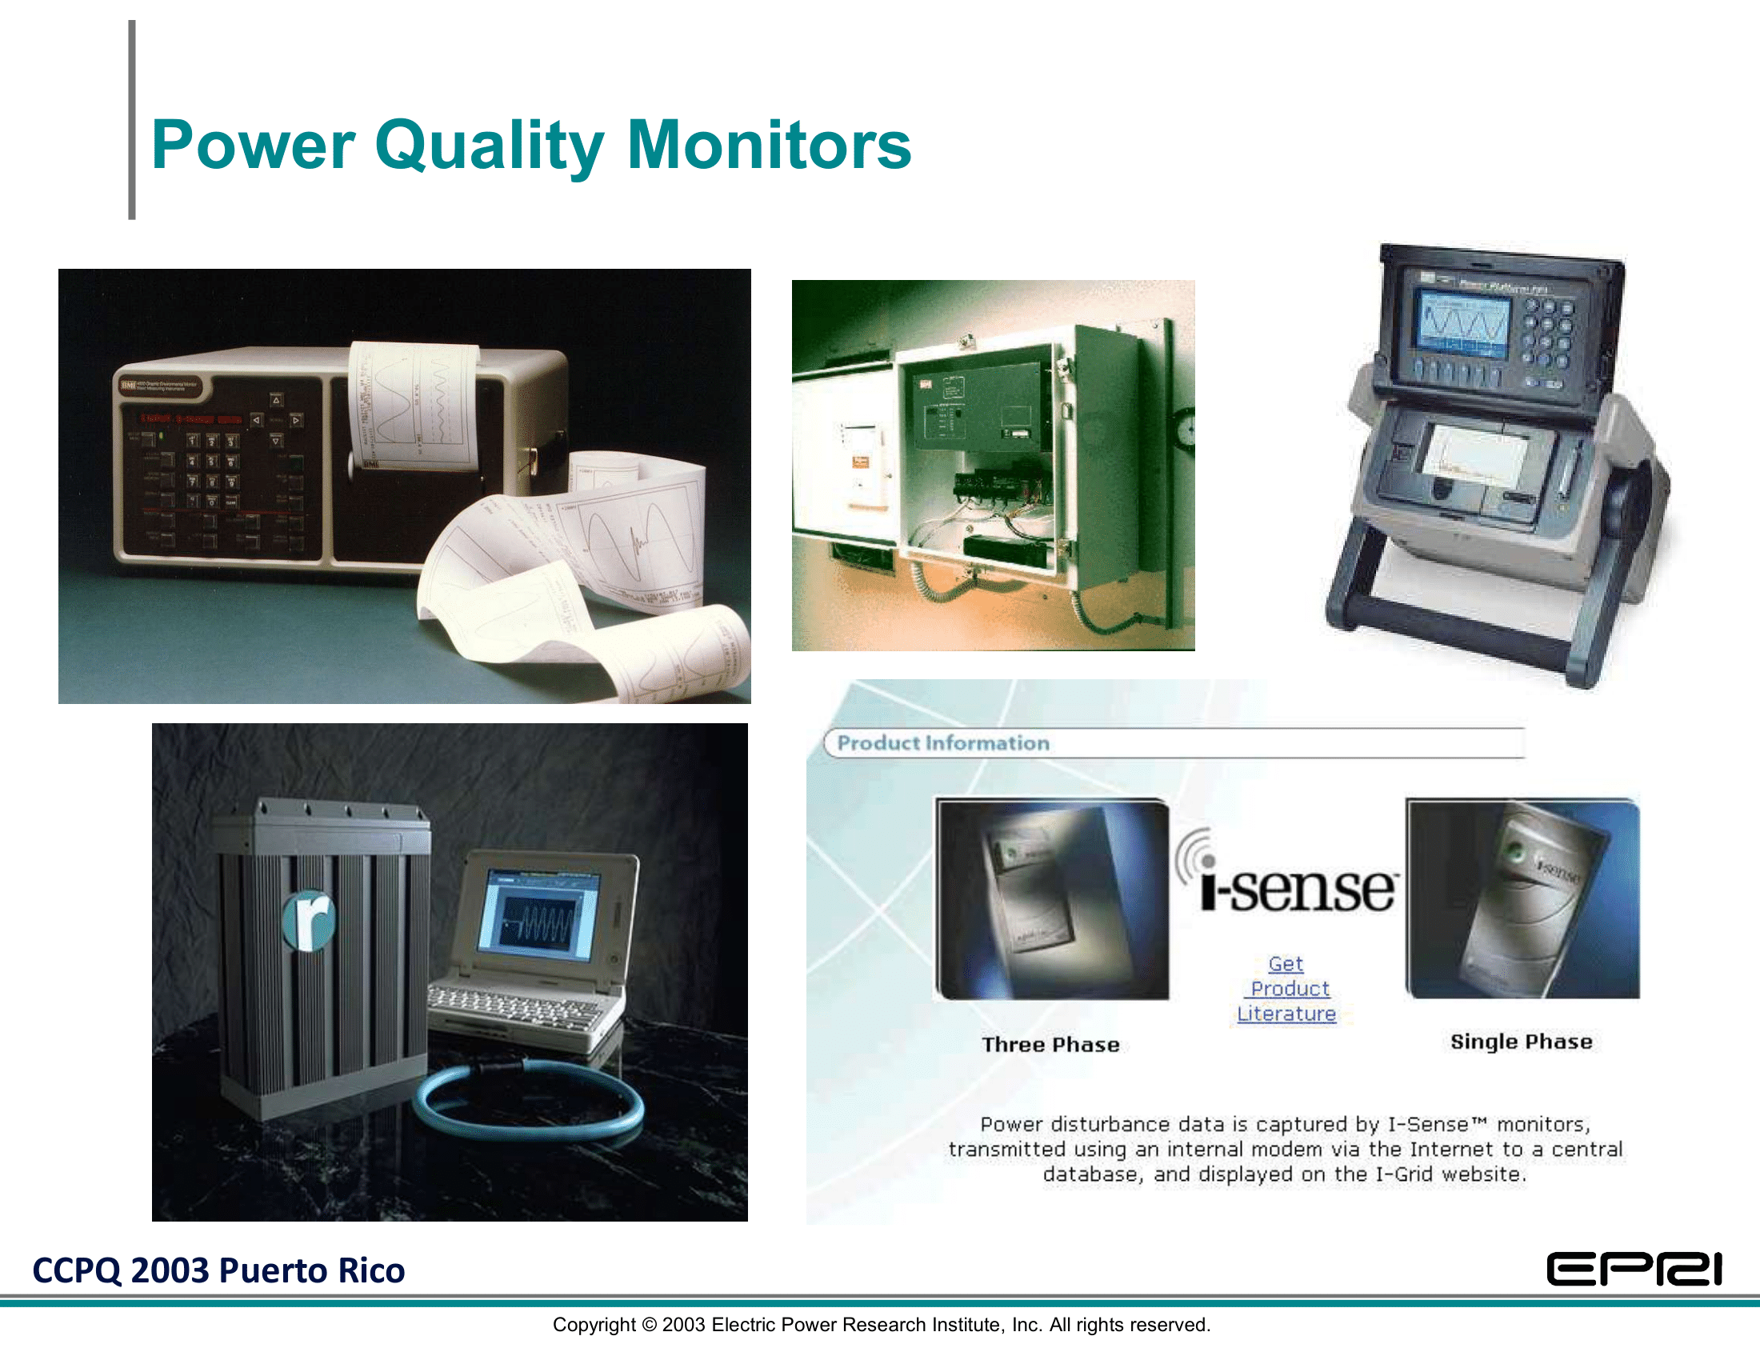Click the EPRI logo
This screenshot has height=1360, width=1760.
point(1634,1270)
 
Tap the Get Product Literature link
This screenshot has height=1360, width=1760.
point(1286,989)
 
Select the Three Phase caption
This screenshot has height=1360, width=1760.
point(1050,1045)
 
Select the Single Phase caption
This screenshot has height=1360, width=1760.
point(1521,1042)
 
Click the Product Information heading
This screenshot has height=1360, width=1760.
point(943,743)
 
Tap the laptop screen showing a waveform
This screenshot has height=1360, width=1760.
point(538,918)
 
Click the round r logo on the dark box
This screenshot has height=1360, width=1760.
point(310,920)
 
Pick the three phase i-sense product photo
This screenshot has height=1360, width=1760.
point(1052,898)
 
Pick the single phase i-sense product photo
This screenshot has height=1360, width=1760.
point(1522,898)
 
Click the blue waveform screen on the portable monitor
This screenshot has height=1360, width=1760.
point(1462,325)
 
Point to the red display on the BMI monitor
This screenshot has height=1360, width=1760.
point(191,419)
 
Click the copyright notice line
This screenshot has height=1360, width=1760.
point(881,1326)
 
